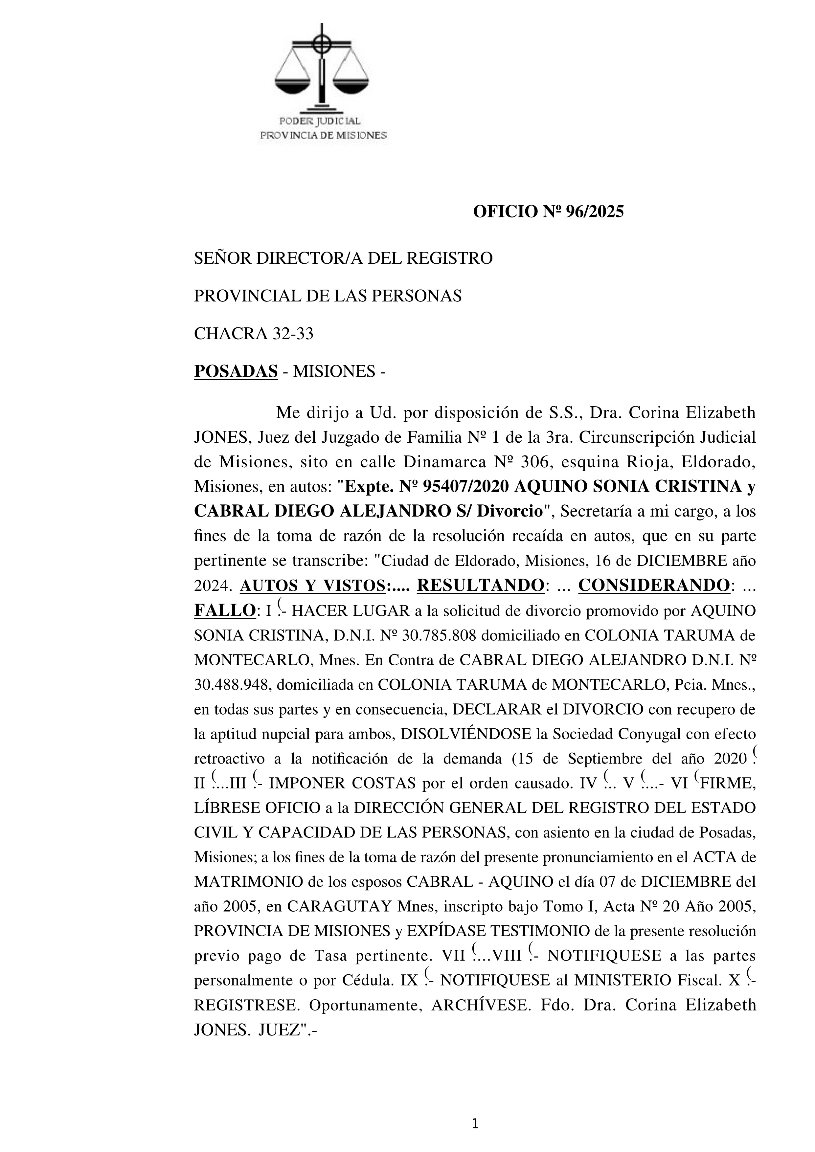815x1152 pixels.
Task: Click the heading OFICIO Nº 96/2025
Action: point(549,212)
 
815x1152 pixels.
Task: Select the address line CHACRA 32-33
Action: point(253,334)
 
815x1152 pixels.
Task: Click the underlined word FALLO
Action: point(224,610)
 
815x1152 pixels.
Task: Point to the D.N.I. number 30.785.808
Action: point(442,635)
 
